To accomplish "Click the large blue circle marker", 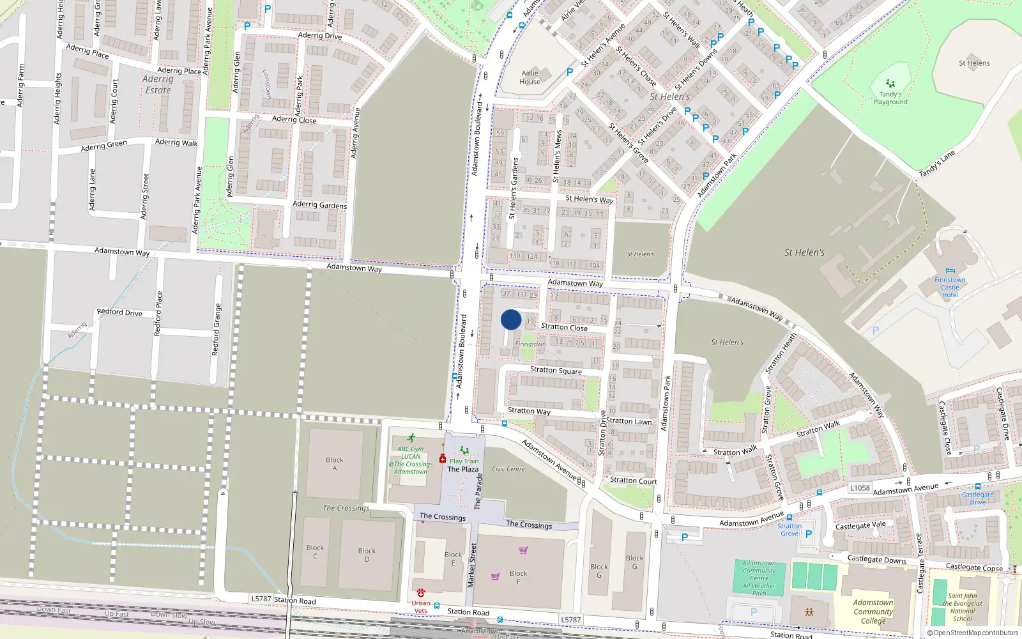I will coord(511,319).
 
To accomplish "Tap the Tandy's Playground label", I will coord(890,98).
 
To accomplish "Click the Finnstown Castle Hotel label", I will coord(950,288).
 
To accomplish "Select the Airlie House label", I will coord(530,77).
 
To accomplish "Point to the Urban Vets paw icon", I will coord(420,593).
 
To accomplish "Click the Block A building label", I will coord(334,464).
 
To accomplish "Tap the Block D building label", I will coord(367,555).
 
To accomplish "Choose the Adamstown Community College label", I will coord(873,612).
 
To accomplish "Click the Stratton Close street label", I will coord(564,327).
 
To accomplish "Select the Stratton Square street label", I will coord(556,371).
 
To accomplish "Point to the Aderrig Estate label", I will coord(158,84).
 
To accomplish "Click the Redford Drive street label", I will coord(119,312).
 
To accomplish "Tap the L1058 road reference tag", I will coord(860,488).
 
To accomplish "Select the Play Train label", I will coord(464,461).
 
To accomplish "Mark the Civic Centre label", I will coord(508,469).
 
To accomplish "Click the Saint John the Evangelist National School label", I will coord(963,607).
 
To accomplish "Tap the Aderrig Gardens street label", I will coord(319,204).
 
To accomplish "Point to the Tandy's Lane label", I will coord(937,164).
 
